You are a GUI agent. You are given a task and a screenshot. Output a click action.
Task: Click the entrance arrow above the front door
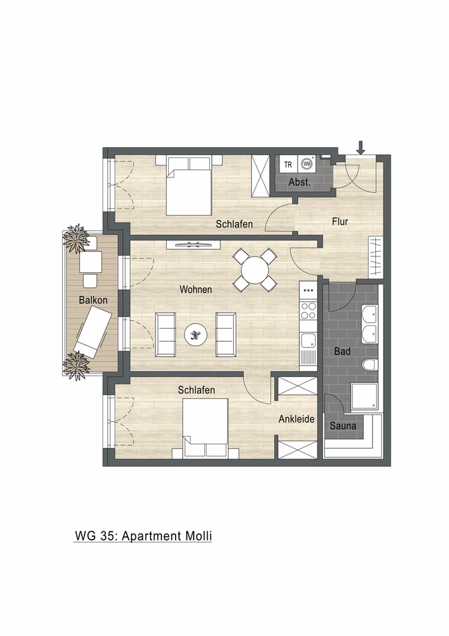(361, 147)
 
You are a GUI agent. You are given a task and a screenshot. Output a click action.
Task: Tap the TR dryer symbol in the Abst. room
(288, 164)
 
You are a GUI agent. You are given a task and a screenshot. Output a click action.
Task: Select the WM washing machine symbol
(307, 163)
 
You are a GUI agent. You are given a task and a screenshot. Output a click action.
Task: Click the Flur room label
(340, 221)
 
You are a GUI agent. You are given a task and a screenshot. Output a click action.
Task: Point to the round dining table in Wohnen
(255, 270)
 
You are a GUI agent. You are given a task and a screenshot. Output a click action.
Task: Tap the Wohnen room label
(196, 290)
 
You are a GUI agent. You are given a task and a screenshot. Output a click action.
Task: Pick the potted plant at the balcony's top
(76, 237)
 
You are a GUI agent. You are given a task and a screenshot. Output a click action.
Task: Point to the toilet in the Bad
(369, 365)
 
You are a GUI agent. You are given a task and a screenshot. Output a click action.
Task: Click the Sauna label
(342, 424)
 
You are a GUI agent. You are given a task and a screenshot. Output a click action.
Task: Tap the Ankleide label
(296, 419)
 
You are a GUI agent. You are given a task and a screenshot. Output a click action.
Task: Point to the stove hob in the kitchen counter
(308, 310)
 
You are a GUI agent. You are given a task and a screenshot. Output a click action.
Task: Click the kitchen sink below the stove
(308, 341)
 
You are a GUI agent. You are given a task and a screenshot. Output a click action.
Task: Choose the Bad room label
(342, 351)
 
